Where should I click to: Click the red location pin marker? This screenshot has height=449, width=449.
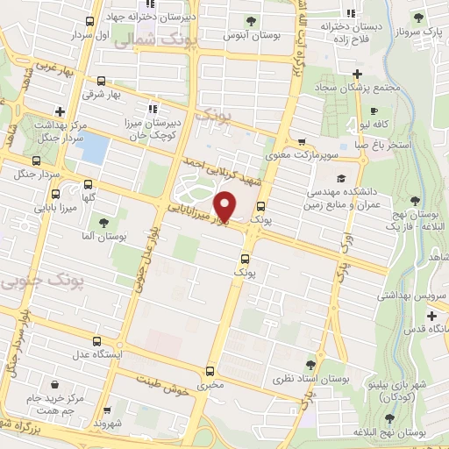click(x=225, y=205)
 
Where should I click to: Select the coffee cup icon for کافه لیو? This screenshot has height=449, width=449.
click(x=374, y=111)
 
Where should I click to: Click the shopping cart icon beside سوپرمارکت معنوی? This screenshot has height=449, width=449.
click(x=302, y=141)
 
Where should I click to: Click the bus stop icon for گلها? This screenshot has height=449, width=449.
click(x=88, y=184)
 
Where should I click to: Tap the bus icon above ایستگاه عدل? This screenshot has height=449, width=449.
click(x=97, y=341)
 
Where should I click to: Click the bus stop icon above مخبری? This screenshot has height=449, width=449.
click(x=209, y=371)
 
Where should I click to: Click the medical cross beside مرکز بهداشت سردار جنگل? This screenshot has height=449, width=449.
click(x=60, y=111)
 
